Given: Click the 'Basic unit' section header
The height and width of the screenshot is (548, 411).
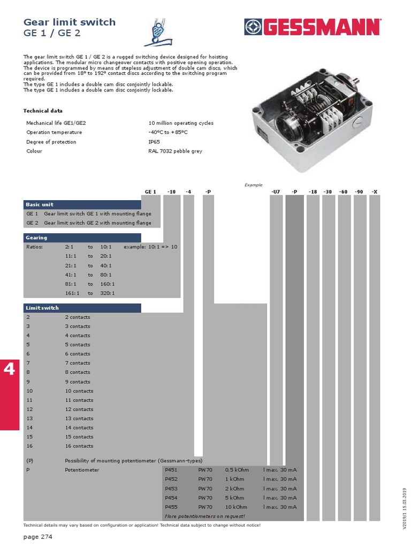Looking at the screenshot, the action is [x=40, y=204].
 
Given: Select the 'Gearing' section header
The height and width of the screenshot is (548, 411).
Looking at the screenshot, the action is [x=36, y=238].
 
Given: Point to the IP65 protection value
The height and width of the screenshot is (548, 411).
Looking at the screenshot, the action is [x=154, y=142].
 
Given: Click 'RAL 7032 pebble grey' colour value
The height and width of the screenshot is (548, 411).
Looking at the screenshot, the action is [x=175, y=151].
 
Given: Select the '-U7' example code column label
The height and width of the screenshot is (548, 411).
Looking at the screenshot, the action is [x=276, y=191].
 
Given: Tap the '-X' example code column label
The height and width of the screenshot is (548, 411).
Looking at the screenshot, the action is [x=374, y=191].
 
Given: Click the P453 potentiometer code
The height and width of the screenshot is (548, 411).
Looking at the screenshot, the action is [x=171, y=489].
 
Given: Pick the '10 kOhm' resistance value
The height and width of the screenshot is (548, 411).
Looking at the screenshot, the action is [x=236, y=507].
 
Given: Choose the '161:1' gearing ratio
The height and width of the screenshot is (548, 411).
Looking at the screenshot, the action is [x=72, y=293].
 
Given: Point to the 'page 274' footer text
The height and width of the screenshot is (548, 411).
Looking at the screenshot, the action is [x=38, y=536].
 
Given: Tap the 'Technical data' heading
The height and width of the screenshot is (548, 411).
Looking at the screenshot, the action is [x=42, y=111].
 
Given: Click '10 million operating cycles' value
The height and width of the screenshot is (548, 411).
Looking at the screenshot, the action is [x=180, y=123].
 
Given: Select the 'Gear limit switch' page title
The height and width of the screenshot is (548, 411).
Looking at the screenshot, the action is [x=70, y=22].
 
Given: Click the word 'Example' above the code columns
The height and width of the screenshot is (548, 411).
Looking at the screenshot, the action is [x=254, y=185].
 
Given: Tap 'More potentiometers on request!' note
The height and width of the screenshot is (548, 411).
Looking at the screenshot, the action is [x=205, y=516].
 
